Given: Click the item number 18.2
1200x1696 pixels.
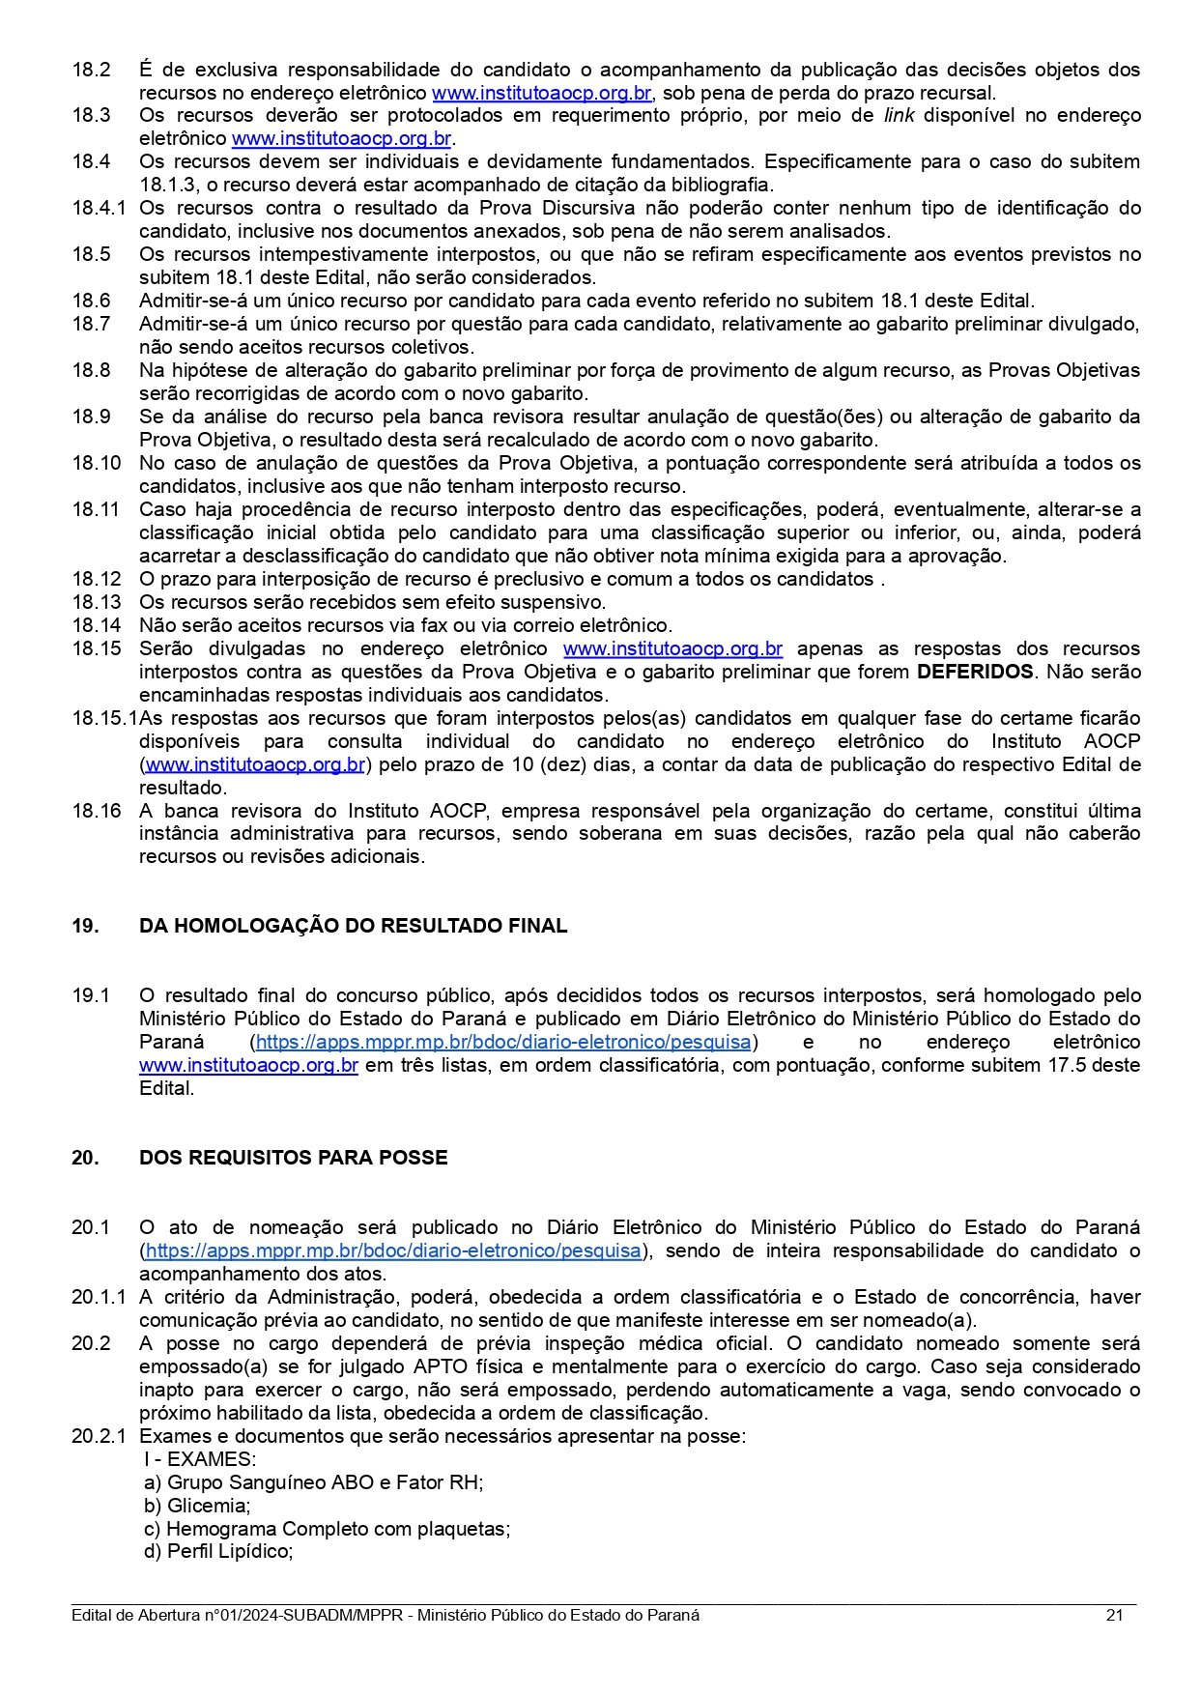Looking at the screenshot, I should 91,70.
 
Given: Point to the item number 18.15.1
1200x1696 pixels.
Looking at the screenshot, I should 104,718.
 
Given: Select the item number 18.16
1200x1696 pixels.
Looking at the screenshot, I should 97,811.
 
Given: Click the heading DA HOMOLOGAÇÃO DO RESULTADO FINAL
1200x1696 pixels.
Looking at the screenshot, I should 353,926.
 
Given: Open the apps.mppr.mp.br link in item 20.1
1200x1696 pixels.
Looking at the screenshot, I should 393,1250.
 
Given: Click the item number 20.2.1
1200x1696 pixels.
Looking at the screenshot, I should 99,1436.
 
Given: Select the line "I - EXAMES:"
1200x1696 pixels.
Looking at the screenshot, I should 200,1459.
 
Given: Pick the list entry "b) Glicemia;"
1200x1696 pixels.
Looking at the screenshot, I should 197,1506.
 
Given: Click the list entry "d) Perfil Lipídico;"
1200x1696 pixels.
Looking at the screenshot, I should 218,1552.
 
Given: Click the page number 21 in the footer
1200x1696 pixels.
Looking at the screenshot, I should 1114,1616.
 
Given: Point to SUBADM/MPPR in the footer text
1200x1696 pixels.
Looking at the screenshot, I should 346,1616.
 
